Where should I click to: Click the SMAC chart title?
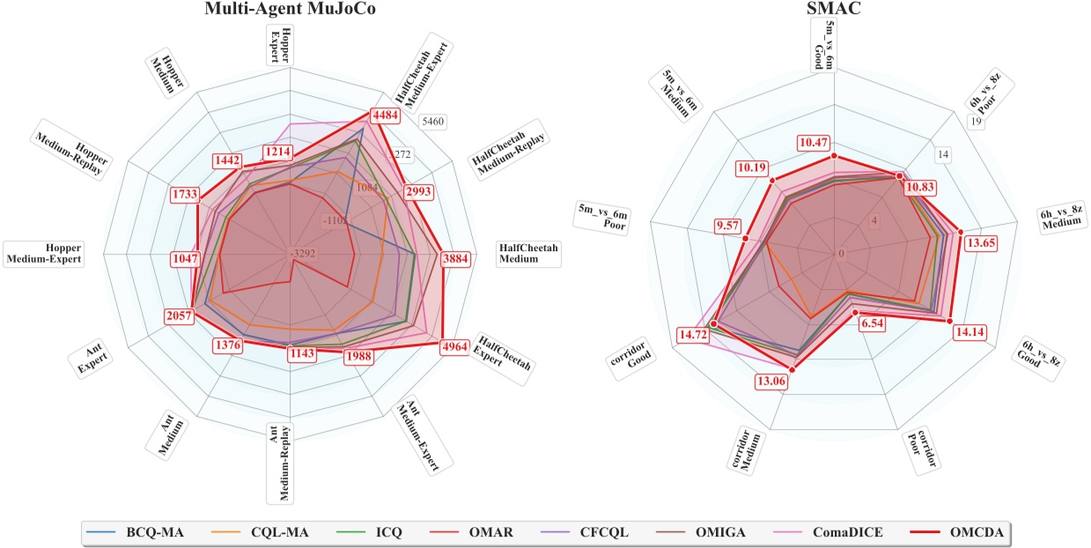pyautogui.click(x=833, y=11)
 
